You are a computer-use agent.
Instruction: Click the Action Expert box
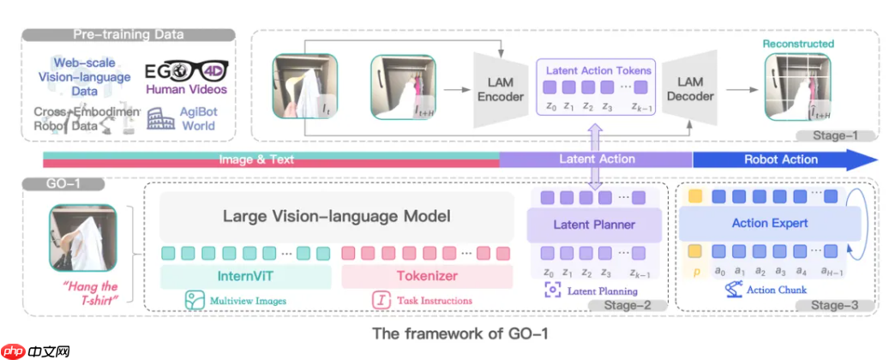click(x=769, y=224)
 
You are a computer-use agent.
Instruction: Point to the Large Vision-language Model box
click(x=336, y=217)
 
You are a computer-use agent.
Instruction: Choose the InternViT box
click(x=244, y=276)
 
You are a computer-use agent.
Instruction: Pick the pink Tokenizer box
click(x=426, y=276)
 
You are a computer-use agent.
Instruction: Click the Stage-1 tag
click(x=833, y=135)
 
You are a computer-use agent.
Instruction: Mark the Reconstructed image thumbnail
click(x=796, y=90)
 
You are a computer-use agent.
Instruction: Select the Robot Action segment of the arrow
click(x=780, y=159)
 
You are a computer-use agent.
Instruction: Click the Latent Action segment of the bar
click(x=597, y=159)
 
